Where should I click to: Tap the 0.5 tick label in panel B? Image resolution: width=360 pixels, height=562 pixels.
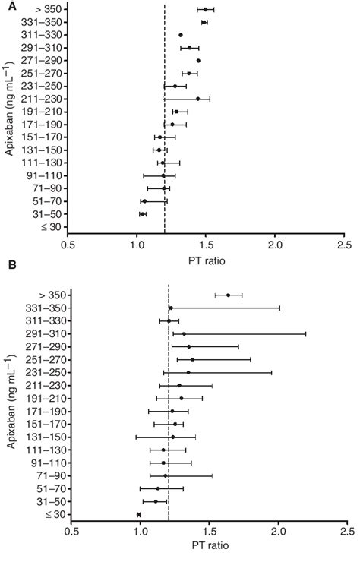[71, 532]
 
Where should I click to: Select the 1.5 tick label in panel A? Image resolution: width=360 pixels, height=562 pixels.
[207, 246]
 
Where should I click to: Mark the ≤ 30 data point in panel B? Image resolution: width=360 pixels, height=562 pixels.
[138, 515]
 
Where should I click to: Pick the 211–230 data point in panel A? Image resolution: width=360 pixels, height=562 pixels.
[197, 99]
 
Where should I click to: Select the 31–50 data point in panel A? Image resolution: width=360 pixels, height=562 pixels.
[142, 214]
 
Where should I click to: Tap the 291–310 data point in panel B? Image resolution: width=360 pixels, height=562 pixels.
[184, 333]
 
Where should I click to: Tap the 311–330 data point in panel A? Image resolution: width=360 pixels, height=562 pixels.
[181, 35]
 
